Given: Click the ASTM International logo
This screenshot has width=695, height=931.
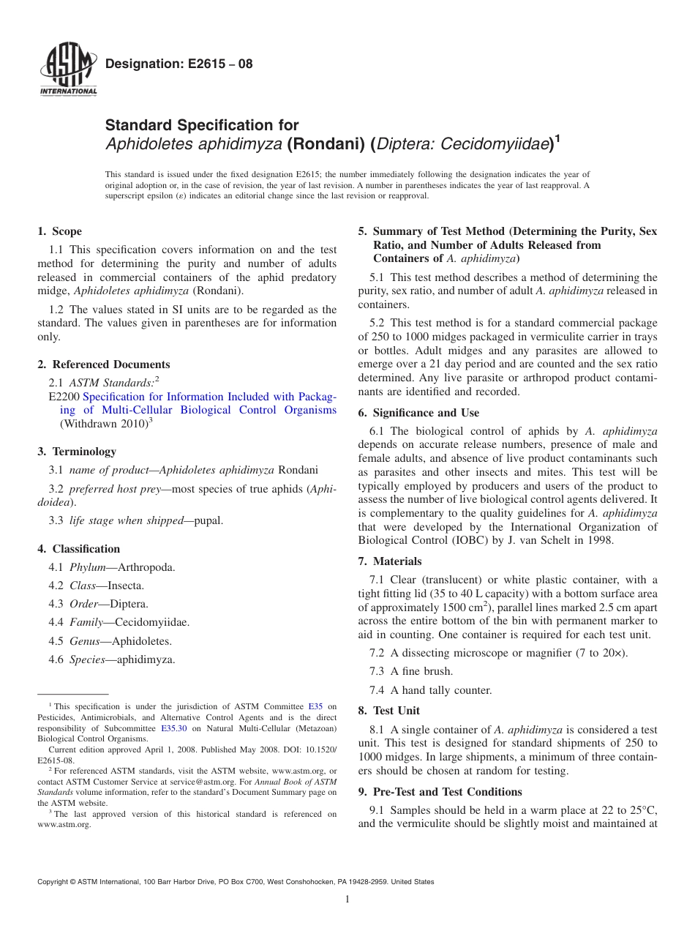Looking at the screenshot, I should pos(67,70).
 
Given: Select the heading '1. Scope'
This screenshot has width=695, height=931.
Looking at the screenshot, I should pos(59,231).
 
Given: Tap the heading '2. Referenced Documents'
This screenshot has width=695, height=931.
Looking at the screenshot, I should pos(103,364).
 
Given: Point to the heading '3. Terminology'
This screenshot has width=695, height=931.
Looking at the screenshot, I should pos(76,452).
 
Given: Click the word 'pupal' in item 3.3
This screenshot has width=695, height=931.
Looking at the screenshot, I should pos(209,520).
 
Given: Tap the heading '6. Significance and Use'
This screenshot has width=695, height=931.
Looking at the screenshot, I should pos(418,413).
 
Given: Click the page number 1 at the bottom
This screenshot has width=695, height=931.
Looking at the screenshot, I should pos(347,900).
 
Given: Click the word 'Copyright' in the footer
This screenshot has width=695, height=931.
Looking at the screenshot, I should pos(54,882).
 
